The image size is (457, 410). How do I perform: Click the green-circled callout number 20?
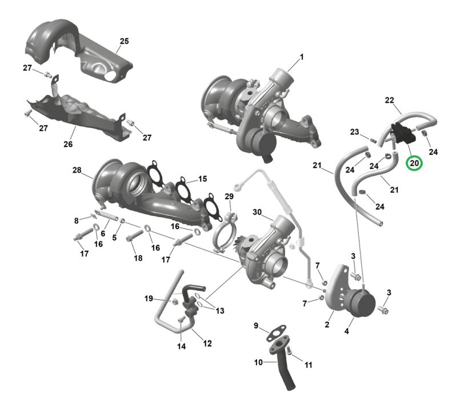pyautogui.click(x=414, y=163)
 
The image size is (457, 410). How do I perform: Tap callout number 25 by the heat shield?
pyautogui.click(x=124, y=41)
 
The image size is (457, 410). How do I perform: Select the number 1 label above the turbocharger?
pyautogui.click(x=302, y=57)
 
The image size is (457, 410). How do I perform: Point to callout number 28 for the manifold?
pyautogui.click(x=77, y=170)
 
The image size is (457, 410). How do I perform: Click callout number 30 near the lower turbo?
pyautogui.click(x=257, y=212)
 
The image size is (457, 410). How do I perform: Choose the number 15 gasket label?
pyautogui.click(x=203, y=179)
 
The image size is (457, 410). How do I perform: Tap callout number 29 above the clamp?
pyautogui.click(x=229, y=196)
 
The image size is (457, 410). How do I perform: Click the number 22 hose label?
pyautogui.click(x=390, y=101)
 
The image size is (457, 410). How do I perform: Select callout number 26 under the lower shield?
pyautogui.click(x=68, y=144)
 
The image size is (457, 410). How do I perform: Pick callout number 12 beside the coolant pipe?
pyautogui.click(x=207, y=344)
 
